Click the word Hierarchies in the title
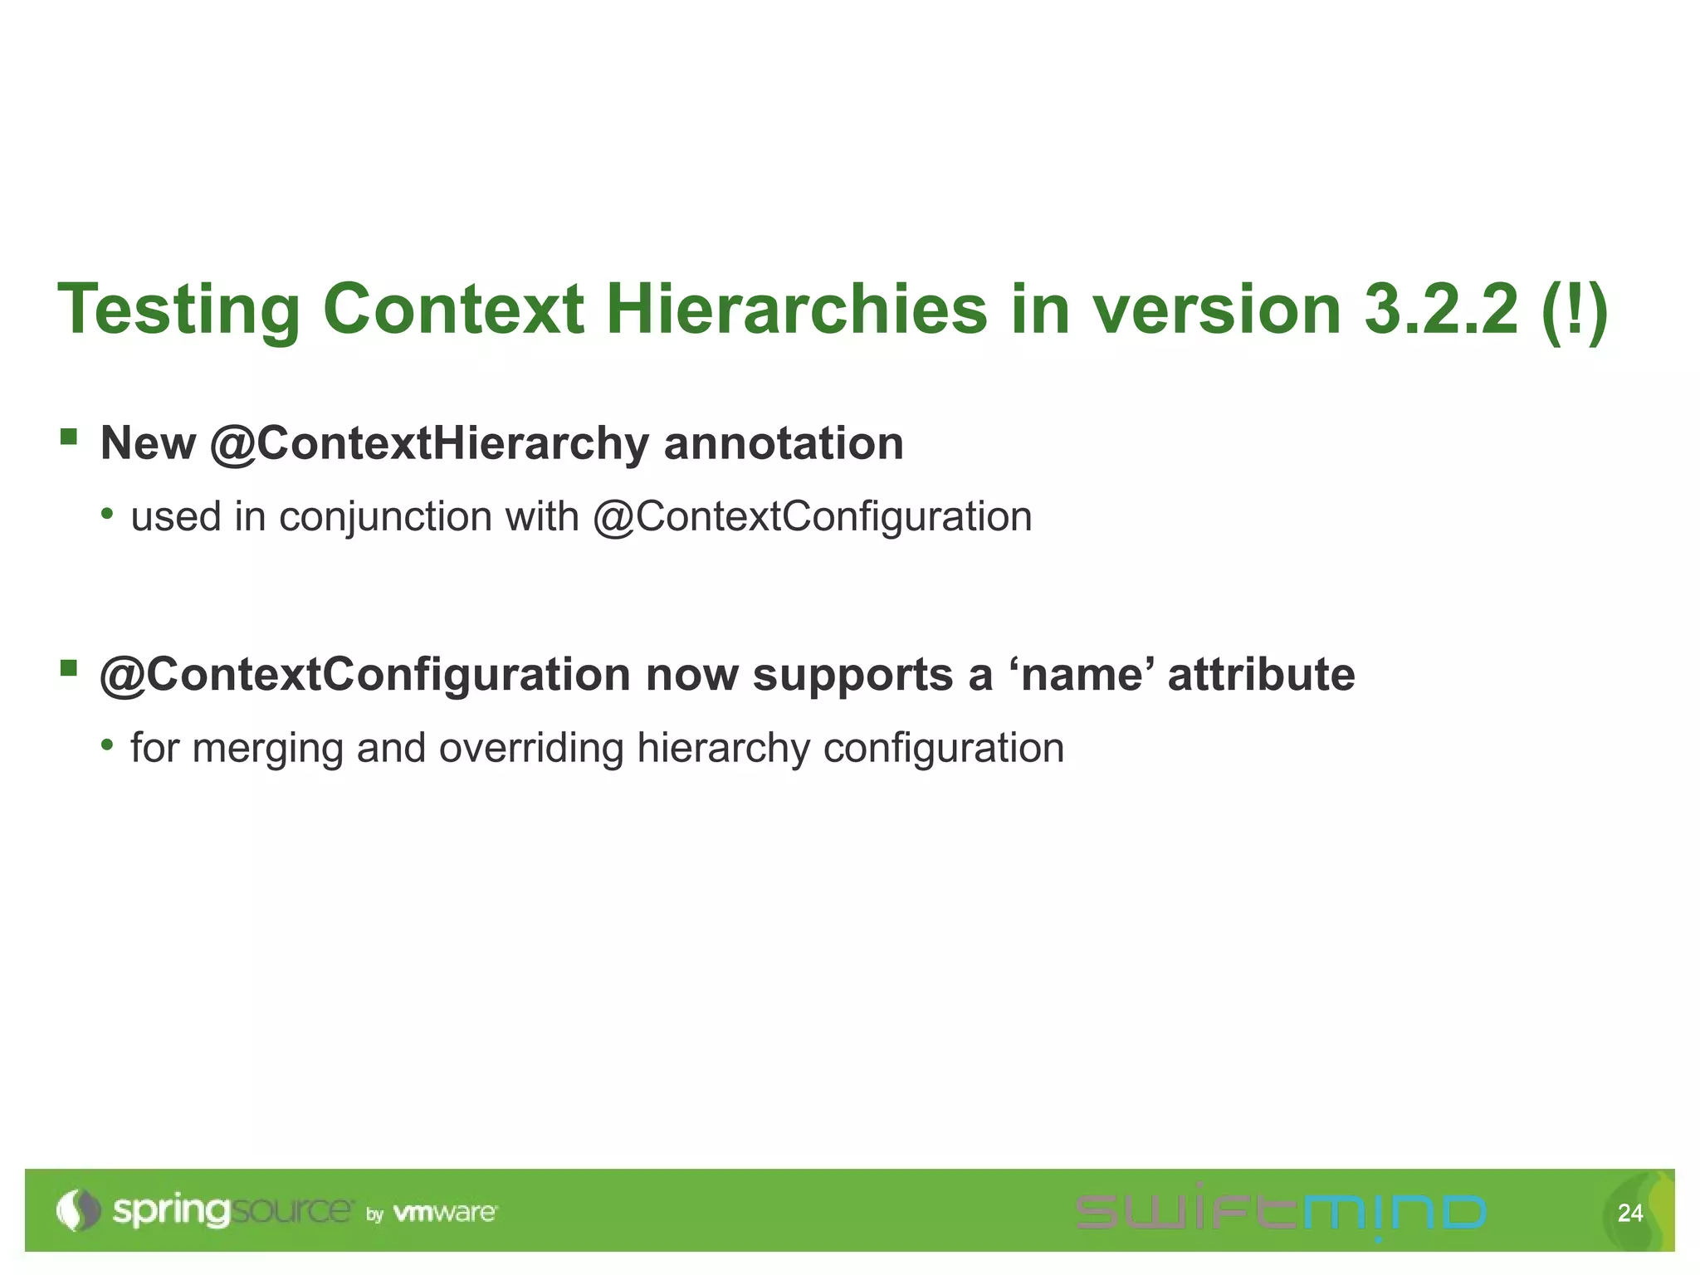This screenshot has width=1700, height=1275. point(796,310)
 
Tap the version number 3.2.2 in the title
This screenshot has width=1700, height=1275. point(1441,310)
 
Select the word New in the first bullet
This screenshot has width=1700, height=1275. point(148,443)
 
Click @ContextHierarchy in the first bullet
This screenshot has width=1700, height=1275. point(429,443)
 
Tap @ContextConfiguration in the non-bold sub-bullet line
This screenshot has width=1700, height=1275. point(812,517)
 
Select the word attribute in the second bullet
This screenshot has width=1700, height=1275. point(1261,674)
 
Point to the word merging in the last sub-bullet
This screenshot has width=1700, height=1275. point(266,748)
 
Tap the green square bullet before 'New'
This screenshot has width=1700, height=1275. point(69,437)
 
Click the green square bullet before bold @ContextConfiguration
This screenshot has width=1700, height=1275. point(69,667)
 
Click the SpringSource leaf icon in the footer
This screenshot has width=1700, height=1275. point(77,1210)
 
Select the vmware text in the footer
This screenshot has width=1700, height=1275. point(445,1213)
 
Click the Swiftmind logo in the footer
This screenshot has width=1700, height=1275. point(1280,1212)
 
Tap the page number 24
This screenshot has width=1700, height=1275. point(1630,1213)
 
